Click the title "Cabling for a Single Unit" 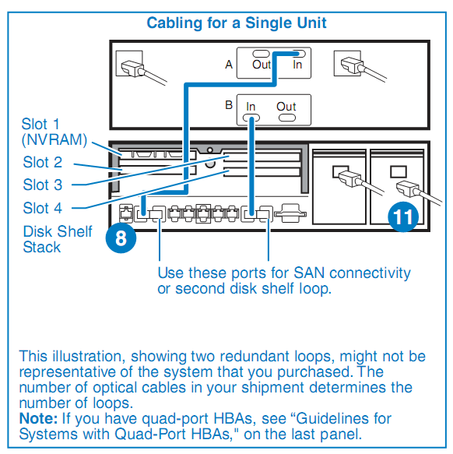pyautogui.click(x=237, y=23)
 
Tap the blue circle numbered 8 pyautogui.click(x=121, y=238)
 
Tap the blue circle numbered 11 pyautogui.click(x=403, y=216)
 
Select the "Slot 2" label pyautogui.click(x=43, y=162)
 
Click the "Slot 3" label pyautogui.click(x=43, y=185)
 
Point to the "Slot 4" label pyautogui.click(x=43, y=208)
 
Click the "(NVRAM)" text pyautogui.click(x=54, y=140)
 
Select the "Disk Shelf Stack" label pyautogui.click(x=58, y=239)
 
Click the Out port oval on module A pyautogui.click(x=261, y=54)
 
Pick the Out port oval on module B pyautogui.click(x=287, y=118)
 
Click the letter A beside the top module pyautogui.click(x=229, y=65)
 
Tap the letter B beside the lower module pyautogui.click(x=229, y=105)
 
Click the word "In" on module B pyautogui.click(x=251, y=107)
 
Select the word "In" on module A pyautogui.click(x=297, y=65)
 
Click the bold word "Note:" pyautogui.click(x=38, y=419)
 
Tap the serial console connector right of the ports pyautogui.click(x=290, y=213)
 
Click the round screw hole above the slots pyautogui.click(x=210, y=150)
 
